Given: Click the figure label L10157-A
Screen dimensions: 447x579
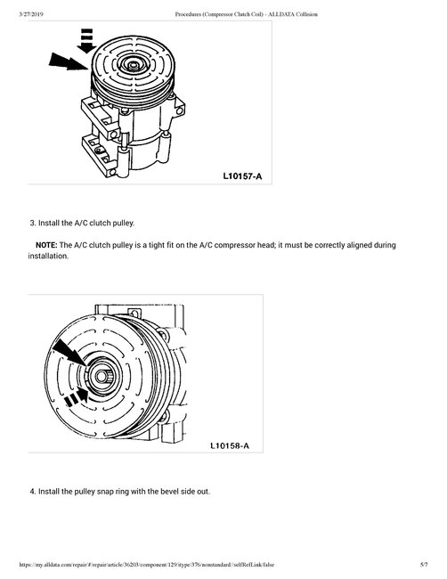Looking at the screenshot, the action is (242, 176).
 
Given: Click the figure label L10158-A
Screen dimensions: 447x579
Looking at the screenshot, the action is (230, 445).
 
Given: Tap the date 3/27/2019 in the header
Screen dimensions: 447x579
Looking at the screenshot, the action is (31, 14).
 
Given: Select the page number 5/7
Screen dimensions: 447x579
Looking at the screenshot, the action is (424, 565).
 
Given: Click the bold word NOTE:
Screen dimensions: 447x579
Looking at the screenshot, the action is (46, 245).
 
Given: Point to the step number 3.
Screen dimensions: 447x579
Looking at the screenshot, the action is (33, 223).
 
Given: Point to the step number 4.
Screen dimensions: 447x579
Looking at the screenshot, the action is (33, 492).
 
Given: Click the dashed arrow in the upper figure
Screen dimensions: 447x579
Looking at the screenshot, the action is (86, 40).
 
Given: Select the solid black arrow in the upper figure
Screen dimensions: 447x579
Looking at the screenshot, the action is (69, 61).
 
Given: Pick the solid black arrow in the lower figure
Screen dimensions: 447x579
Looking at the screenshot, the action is (69, 354).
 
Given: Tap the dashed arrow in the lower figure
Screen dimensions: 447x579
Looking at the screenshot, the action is (77, 397).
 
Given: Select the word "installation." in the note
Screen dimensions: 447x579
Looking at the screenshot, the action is (48, 256).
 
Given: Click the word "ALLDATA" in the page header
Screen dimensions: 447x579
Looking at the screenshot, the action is (281, 14).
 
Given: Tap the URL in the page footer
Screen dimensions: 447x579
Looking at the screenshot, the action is (147, 565).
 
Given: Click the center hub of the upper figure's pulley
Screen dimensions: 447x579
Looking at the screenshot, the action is (133, 66).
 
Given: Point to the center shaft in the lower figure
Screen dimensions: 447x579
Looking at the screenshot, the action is (101, 377).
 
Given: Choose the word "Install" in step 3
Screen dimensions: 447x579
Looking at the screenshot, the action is (50, 223).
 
